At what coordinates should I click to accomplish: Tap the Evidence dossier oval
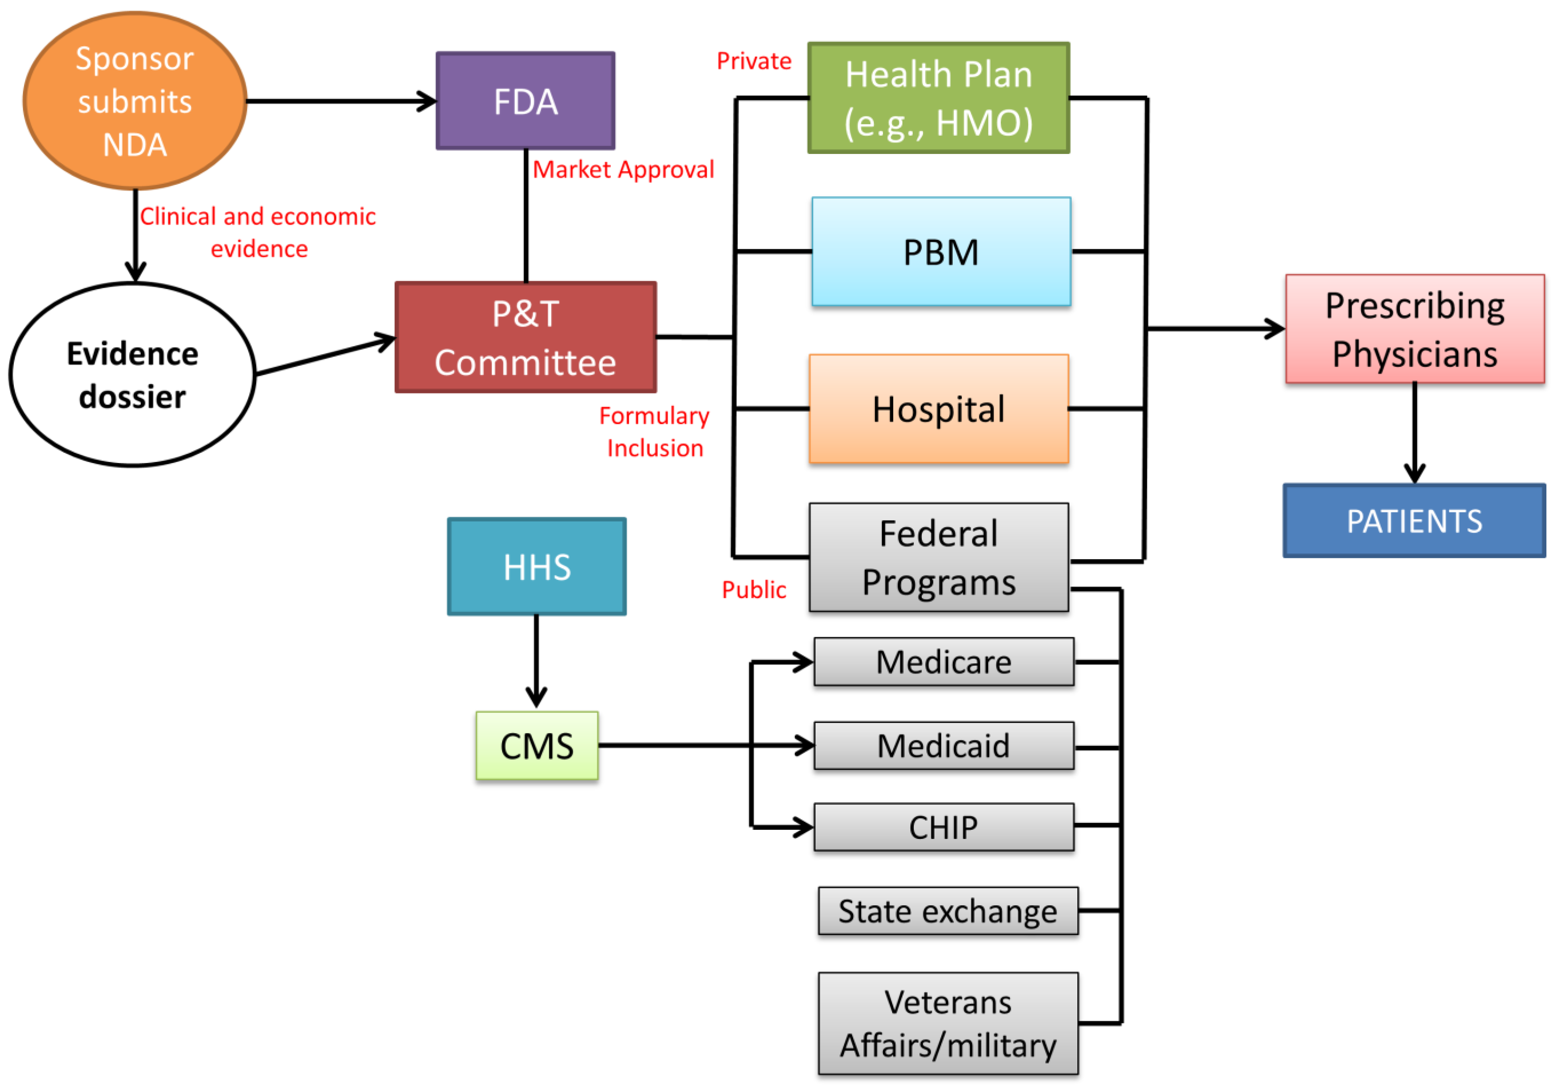point(132,375)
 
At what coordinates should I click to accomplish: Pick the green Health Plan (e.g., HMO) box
point(938,98)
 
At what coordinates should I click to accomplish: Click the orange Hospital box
point(938,409)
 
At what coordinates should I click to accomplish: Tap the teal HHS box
point(537,566)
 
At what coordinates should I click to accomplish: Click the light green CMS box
point(537,746)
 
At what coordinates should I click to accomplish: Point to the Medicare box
point(944,661)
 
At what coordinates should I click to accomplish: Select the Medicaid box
point(944,746)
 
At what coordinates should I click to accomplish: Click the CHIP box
point(944,827)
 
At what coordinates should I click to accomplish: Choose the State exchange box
point(948,911)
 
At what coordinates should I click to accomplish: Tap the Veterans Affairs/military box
point(948,1023)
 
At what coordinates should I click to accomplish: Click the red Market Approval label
point(623,169)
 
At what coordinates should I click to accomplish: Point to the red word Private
point(754,61)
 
